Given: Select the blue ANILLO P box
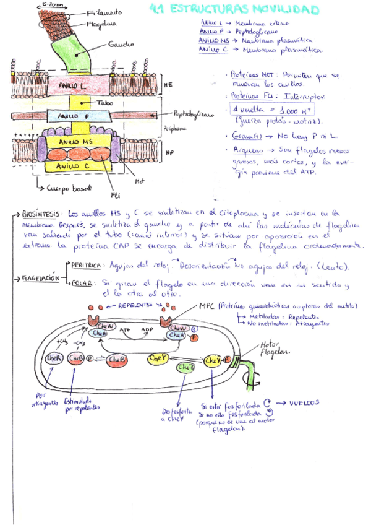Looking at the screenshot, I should tap(68, 116).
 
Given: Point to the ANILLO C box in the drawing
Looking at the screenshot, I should tap(69, 167).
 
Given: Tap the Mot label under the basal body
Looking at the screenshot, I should tap(139, 182).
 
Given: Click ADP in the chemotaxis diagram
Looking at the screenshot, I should tap(148, 330).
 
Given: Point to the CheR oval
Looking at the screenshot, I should tap(52, 358).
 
